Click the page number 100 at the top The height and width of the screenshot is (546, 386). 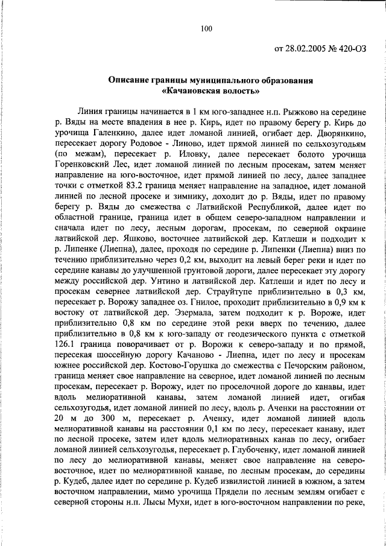pyautogui.click(x=206, y=28)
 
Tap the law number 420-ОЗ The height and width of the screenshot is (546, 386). pyautogui.click(x=350, y=48)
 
